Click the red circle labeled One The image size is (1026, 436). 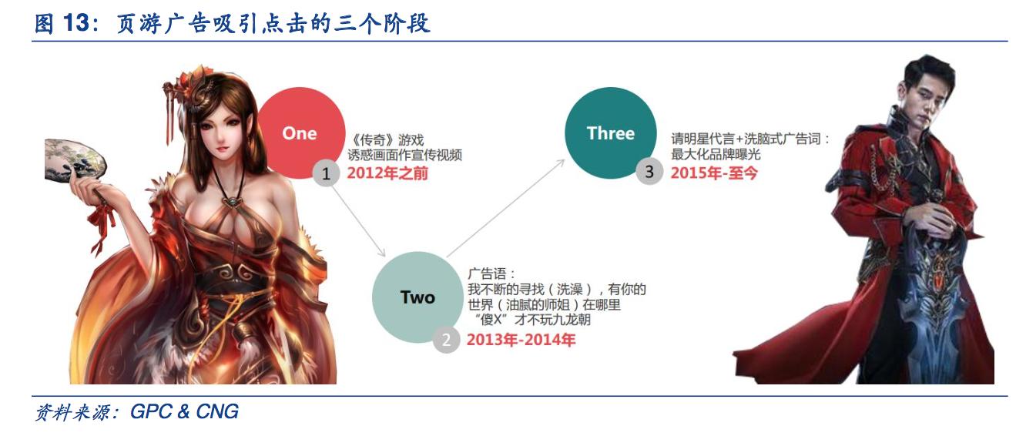300,133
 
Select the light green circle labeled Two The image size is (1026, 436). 417,297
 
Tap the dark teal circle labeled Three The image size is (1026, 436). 610,133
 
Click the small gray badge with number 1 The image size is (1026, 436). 326,174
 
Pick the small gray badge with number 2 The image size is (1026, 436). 445,339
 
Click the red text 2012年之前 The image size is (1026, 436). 387,173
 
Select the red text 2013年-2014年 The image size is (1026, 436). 521,339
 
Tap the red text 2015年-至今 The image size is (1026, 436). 714,173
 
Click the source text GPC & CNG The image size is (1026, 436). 185,412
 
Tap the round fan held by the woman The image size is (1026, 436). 73,166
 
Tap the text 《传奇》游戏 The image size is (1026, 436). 382,141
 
